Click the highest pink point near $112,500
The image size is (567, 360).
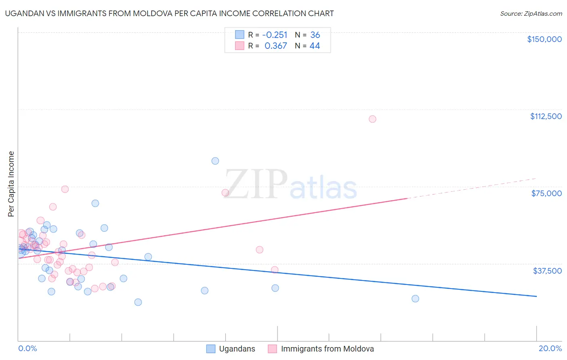click(372, 119)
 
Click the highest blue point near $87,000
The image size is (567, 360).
click(215, 161)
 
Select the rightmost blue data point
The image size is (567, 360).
click(415, 299)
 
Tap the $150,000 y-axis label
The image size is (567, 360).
click(544, 39)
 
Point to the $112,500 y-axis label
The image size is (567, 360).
click(546, 116)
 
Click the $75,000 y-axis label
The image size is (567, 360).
click(546, 193)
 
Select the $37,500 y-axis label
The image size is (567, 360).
click(547, 271)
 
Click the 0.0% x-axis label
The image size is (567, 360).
click(27, 349)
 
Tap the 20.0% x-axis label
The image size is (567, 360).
click(550, 349)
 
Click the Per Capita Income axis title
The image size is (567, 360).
click(11, 184)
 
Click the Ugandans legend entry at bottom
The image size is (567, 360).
click(237, 349)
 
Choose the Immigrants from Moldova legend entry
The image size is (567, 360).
click(327, 349)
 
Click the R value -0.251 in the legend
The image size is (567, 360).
click(275, 35)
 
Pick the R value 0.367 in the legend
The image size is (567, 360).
click(276, 46)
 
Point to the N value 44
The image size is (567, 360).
click(315, 46)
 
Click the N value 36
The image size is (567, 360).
click(315, 35)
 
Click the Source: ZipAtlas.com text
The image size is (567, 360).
click(531, 14)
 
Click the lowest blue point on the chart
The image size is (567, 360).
click(138, 302)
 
